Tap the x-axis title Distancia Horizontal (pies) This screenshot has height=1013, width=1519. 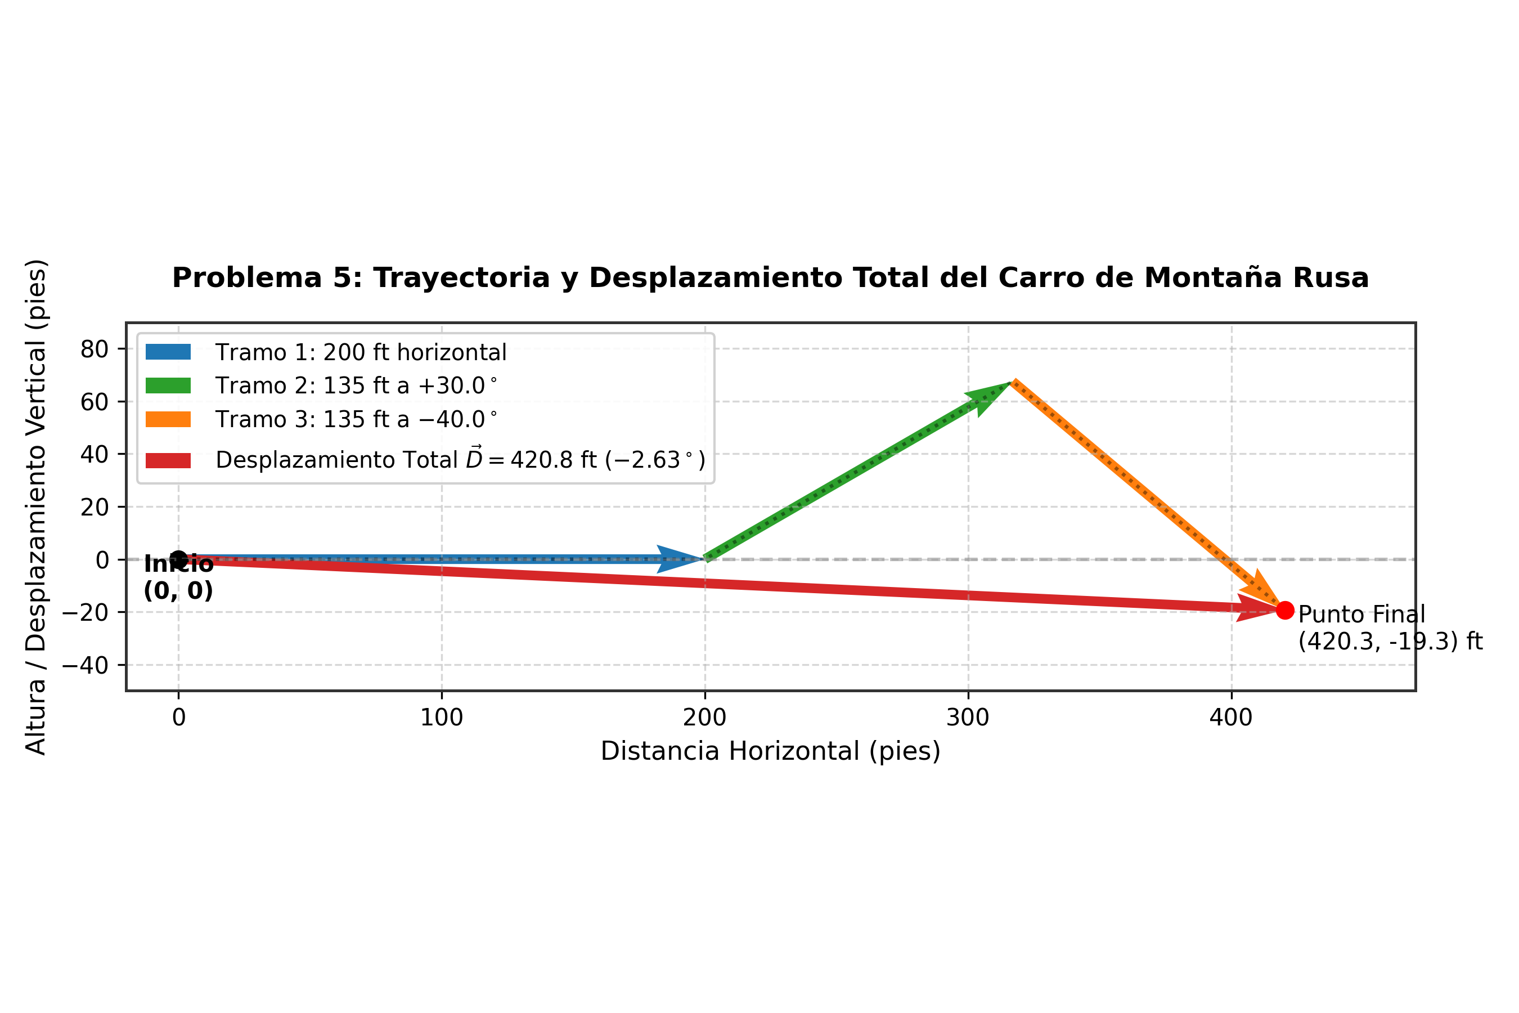771,751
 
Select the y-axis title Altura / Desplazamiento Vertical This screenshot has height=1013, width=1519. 36,507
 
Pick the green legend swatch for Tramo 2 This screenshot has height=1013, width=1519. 168,385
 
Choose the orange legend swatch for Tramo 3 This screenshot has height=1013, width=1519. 168,419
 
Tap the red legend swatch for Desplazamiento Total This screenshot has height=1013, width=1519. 168,460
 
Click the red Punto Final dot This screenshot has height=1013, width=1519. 1284,610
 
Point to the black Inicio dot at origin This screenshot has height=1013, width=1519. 179,559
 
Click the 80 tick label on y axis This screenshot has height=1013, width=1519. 95,349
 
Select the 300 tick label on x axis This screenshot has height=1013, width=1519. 968,718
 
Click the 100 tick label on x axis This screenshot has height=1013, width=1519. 442,718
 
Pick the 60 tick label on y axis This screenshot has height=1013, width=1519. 95,402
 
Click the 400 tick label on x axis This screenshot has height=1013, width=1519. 1232,718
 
